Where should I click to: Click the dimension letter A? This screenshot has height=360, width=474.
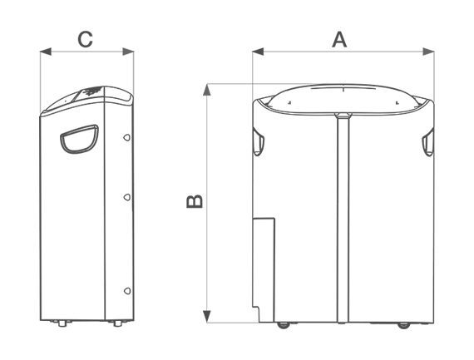[339, 40]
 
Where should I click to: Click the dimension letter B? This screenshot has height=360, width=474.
[195, 201]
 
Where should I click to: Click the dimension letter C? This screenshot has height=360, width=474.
[85, 40]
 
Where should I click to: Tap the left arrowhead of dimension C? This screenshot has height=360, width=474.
[46, 52]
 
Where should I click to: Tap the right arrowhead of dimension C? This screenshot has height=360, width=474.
[128, 52]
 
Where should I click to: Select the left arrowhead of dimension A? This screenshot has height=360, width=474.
[258, 52]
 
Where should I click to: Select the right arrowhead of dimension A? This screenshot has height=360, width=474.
[428, 52]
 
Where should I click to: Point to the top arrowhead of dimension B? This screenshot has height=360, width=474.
[207, 90]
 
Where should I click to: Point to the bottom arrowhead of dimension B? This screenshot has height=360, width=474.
[207, 317]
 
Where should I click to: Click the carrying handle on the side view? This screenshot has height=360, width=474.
[79, 140]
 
